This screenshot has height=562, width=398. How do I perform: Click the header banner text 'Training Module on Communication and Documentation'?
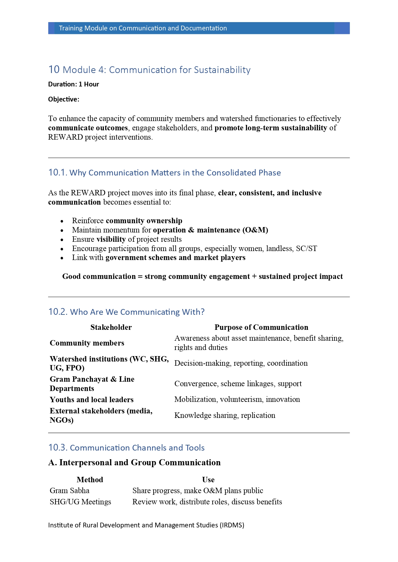(x=143, y=28)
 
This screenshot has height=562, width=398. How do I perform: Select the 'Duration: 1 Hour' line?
(x=73, y=84)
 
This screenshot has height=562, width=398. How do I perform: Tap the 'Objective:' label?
(x=64, y=99)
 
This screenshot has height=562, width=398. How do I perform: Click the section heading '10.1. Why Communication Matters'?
(x=165, y=173)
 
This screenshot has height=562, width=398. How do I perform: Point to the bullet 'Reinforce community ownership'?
(x=127, y=221)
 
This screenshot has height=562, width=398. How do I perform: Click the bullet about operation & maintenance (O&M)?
(x=170, y=230)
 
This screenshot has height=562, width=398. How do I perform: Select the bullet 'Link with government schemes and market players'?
(x=158, y=257)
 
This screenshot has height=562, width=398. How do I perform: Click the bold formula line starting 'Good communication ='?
(x=202, y=276)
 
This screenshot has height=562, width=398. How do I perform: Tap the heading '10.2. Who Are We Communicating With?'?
(x=126, y=312)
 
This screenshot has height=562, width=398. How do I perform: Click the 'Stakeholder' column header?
(x=111, y=327)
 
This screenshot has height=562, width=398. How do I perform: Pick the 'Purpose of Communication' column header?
(x=261, y=327)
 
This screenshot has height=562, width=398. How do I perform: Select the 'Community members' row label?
(x=87, y=343)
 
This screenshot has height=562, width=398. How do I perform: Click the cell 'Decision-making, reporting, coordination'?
(x=241, y=363)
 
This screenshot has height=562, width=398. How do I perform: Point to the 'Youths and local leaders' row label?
(x=91, y=400)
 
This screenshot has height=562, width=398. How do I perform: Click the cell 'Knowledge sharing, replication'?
(x=225, y=415)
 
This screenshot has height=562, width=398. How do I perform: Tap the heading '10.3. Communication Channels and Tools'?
(x=126, y=448)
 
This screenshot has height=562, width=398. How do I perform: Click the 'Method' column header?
(x=90, y=480)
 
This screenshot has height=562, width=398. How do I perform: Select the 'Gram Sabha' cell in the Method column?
(x=70, y=491)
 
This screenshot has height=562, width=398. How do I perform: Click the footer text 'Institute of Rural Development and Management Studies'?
(x=146, y=525)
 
